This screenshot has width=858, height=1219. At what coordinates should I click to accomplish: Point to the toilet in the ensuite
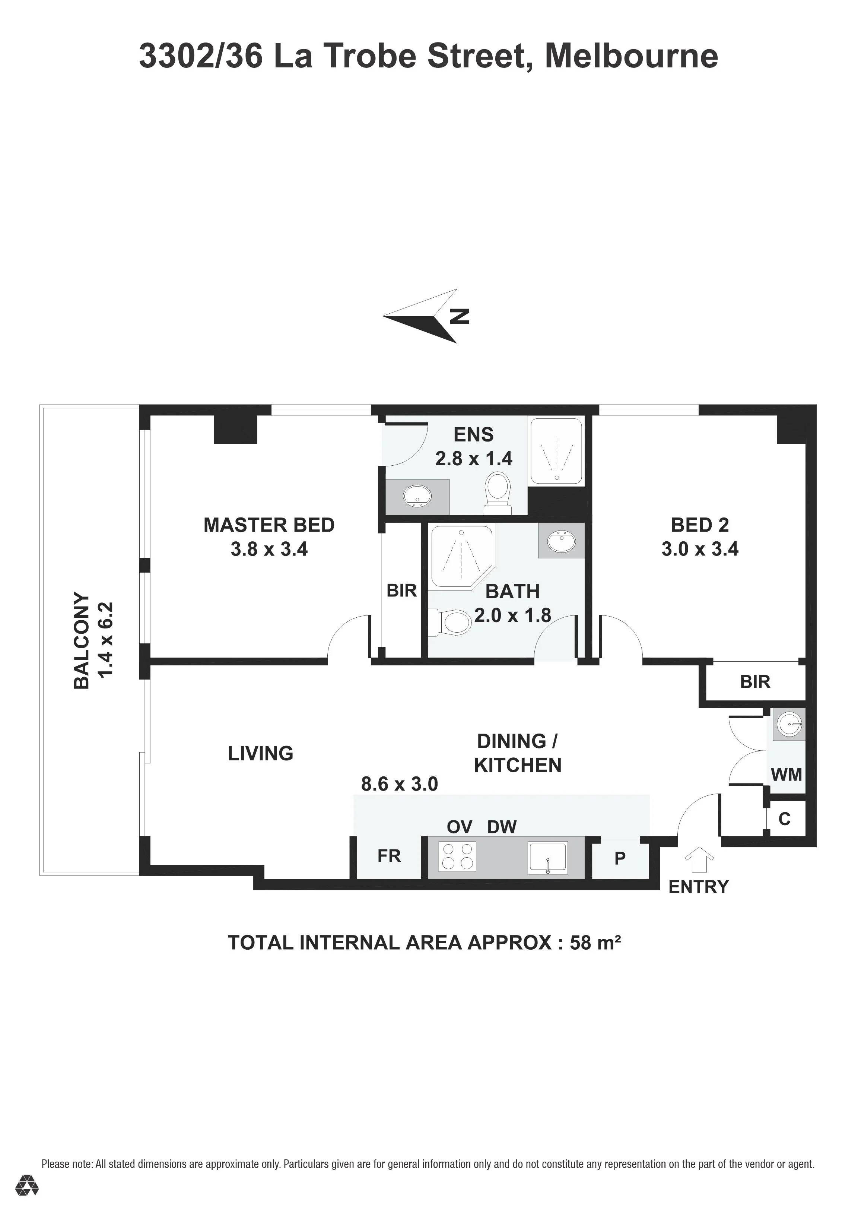[x=498, y=493]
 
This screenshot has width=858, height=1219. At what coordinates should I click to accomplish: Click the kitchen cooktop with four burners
[x=457, y=857]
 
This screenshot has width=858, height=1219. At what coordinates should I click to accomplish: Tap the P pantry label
[x=620, y=858]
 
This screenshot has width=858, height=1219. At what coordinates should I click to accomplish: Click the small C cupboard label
[x=784, y=819]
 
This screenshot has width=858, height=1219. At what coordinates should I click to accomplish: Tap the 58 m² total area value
[x=595, y=943]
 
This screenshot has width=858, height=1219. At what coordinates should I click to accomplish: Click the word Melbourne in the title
[x=632, y=56]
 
